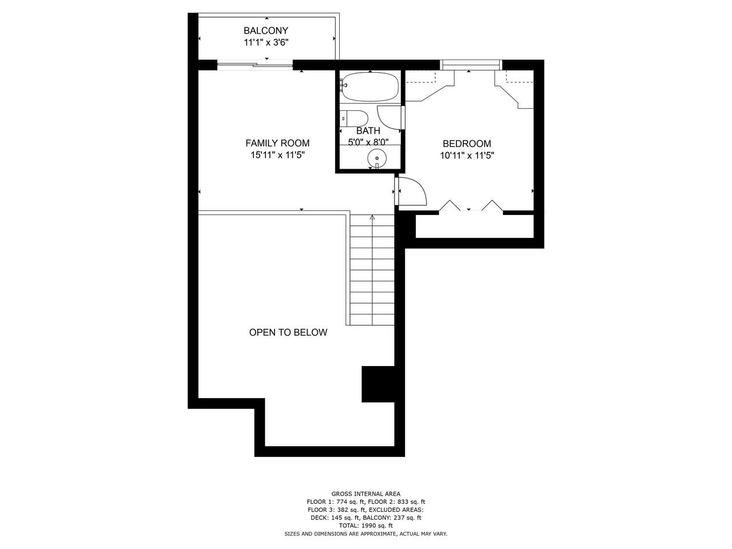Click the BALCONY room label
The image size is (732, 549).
point(265,31)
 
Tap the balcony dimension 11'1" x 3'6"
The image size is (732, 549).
point(266,43)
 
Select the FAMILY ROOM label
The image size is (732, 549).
point(277,144)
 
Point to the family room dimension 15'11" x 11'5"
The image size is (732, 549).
point(278,155)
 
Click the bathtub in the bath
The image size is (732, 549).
point(369,87)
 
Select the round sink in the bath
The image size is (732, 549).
point(376,158)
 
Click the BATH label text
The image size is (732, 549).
point(368,130)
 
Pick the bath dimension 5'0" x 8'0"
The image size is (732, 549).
point(368,142)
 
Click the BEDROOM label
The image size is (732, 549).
point(467,144)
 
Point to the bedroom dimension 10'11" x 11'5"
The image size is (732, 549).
point(467,156)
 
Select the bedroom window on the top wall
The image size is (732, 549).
point(471,65)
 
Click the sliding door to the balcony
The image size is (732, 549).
point(255,65)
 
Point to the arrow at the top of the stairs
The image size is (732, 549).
point(372,217)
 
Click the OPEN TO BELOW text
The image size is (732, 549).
point(288,332)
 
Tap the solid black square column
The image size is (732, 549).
point(378,384)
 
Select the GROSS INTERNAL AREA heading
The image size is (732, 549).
point(366,494)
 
